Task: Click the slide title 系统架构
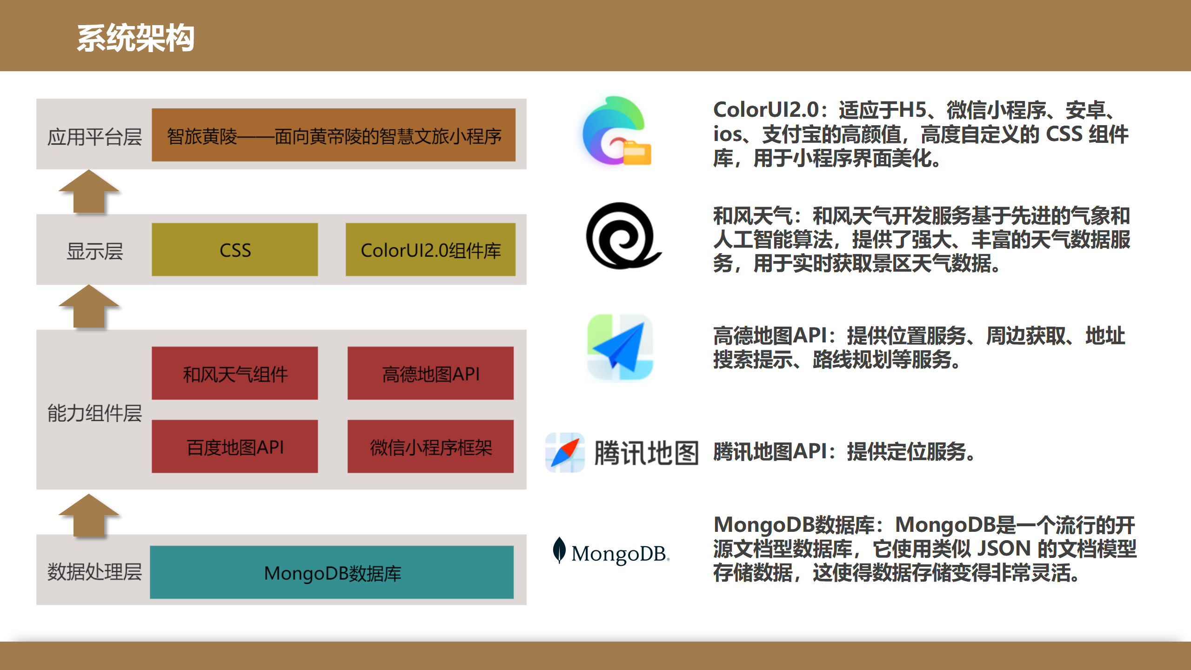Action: (135, 38)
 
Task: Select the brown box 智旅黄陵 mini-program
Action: (334, 135)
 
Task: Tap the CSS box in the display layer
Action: (235, 249)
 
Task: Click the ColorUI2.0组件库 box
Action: (430, 249)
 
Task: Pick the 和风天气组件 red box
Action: (235, 373)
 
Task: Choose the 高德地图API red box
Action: (430, 373)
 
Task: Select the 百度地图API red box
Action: (235, 447)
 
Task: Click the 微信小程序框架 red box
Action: (430, 447)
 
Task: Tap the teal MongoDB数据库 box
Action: (332, 572)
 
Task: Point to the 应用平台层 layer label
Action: (94, 137)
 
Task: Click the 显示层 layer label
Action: (94, 251)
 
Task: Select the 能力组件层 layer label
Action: (94, 413)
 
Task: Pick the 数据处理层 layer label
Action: (94, 571)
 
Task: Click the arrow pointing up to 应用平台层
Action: (89, 192)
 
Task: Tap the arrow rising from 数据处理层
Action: (89, 516)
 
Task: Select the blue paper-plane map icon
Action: (620, 347)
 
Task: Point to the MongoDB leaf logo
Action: (559, 550)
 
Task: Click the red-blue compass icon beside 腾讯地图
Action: (565, 452)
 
